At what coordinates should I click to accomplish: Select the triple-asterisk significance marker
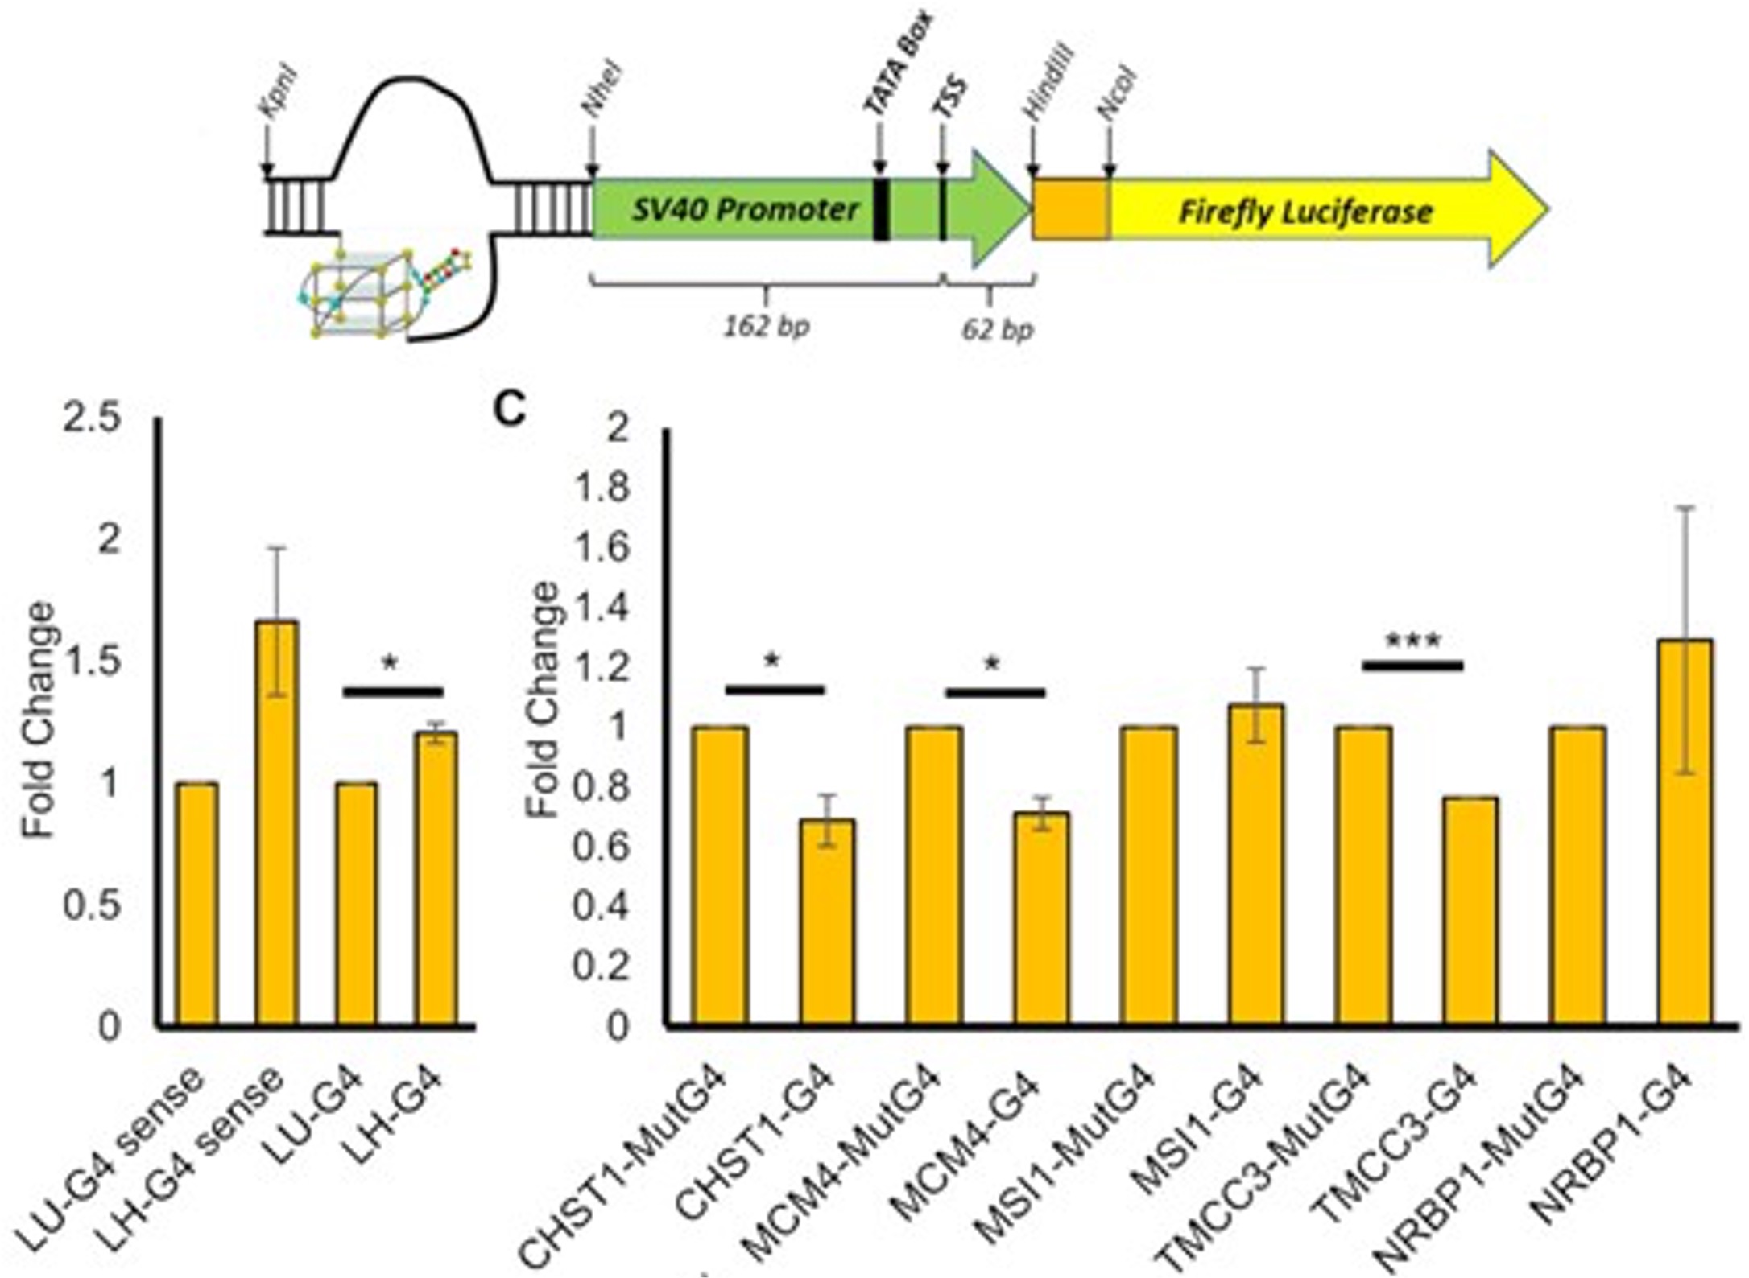pos(1412,642)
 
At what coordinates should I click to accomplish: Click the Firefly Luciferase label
pos(1305,212)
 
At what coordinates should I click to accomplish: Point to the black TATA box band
pos(881,209)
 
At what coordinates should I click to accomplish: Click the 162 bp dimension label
pos(766,326)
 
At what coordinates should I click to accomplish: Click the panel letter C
pos(510,410)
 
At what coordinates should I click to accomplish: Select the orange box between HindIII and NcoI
pos(1072,210)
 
